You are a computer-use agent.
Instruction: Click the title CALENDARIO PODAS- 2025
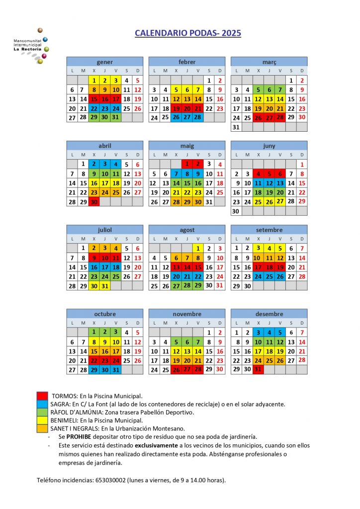(188, 33)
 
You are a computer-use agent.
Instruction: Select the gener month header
(105, 62)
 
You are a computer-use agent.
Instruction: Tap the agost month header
(187, 230)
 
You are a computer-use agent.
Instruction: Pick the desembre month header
(269, 314)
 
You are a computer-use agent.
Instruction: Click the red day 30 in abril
(94, 202)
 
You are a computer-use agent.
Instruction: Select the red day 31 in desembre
(258, 369)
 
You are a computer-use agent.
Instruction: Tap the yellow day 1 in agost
(198, 248)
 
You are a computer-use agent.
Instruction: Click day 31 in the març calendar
(237, 127)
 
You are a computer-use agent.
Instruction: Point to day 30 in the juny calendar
(236, 211)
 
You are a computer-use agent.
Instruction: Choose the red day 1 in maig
(187, 164)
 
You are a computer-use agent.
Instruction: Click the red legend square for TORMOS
(42, 396)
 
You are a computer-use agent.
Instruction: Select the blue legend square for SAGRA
(42, 404)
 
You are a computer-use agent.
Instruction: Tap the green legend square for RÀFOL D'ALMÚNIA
(42, 412)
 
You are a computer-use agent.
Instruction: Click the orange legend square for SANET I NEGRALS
(42, 428)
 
